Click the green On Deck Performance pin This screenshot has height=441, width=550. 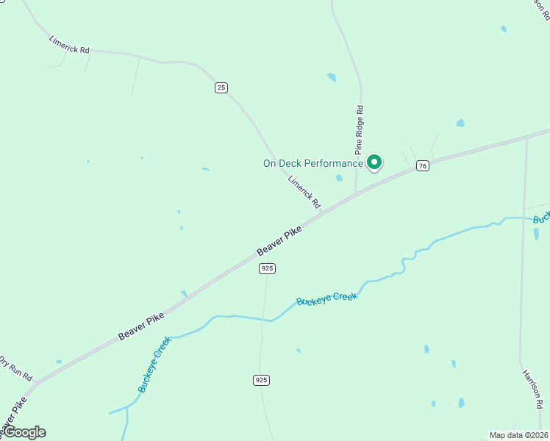[x=374, y=162]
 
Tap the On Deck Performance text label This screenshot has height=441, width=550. [x=313, y=163]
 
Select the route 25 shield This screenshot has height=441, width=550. [x=221, y=87]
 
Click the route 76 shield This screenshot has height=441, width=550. [x=422, y=166]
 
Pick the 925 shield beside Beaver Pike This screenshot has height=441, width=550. [x=267, y=269]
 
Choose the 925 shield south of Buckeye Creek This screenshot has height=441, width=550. [x=261, y=380]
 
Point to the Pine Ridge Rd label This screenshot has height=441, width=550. [x=360, y=129]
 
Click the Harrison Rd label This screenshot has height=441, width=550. [x=532, y=389]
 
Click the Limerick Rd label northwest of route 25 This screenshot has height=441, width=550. [x=69, y=44]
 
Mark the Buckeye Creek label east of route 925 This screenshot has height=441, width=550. [x=327, y=298]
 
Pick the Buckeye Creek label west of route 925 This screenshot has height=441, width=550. [x=154, y=364]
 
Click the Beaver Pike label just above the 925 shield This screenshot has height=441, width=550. [x=279, y=241]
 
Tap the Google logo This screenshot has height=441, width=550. [x=24, y=432]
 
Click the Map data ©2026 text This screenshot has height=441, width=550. [x=518, y=435]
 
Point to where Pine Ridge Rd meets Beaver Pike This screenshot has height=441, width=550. [x=356, y=194]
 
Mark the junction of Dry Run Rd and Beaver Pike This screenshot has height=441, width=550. [x=37, y=382]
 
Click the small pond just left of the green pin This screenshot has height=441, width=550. [x=339, y=178]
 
